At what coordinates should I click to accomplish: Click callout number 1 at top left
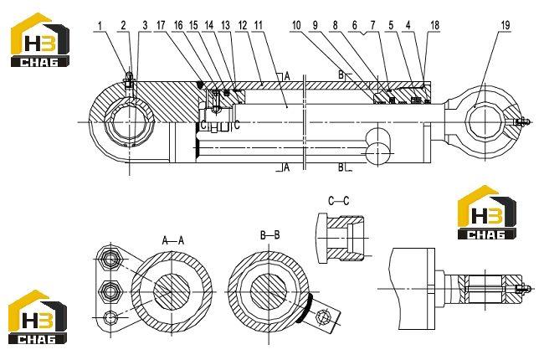100,26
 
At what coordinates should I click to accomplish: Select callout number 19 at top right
506,25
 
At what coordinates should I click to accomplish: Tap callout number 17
161,25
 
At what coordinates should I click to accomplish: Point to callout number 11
259,25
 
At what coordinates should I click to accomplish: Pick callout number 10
296,25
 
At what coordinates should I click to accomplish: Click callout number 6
354,25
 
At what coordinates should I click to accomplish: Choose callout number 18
434,25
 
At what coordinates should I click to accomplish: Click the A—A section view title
172,240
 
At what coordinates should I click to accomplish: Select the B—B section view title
269,235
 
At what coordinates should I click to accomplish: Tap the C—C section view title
339,201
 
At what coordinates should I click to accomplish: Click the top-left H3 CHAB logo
39,40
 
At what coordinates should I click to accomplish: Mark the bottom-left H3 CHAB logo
38,317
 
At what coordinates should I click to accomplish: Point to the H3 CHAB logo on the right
486,213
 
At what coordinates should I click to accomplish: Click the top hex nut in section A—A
110,259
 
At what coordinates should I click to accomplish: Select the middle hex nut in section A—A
110,291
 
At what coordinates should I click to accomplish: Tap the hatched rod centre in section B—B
269,291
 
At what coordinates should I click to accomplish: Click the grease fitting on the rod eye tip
522,121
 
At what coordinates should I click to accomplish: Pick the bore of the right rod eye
485,121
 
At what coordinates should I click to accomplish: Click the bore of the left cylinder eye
130,122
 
